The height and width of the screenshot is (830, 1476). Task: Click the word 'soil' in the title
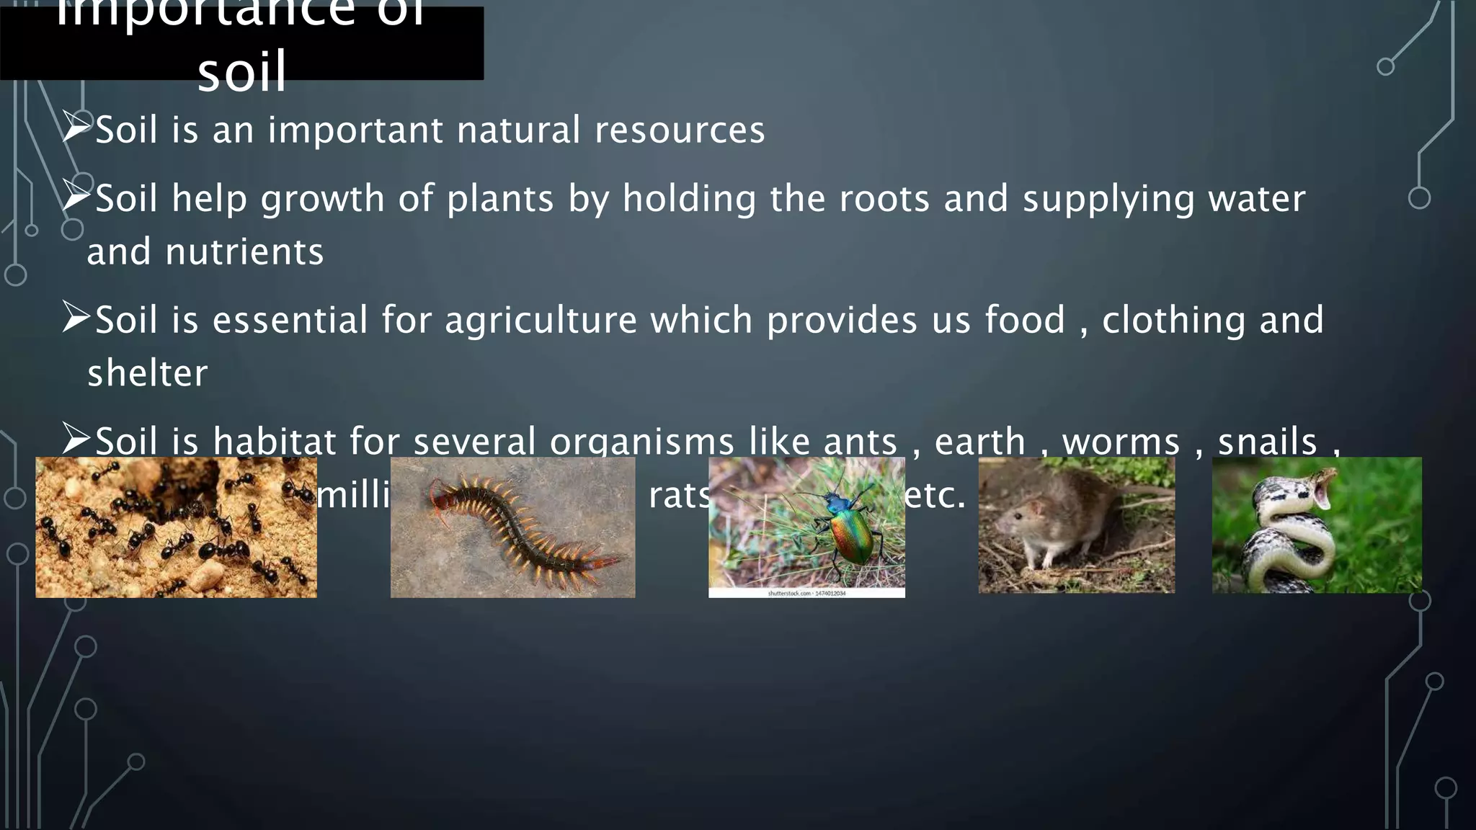pyautogui.click(x=242, y=72)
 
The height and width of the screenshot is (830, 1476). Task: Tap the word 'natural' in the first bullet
pyautogui.click(x=518, y=130)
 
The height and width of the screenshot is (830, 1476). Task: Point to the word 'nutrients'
pyautogui.click(x=244, y=252)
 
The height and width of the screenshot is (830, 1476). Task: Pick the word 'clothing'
pyautogui.click(x=1173, y=321)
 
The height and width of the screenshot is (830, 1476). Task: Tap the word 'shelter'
pyautogui.click(x=148, y=373)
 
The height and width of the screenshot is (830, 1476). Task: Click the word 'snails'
pyautogui.click(x=1267, y=441)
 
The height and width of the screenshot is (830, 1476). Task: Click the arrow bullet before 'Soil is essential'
pyautogui.click(x=76, y=317)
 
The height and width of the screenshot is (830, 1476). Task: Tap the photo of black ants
pyautogui.click(x=176, y=527)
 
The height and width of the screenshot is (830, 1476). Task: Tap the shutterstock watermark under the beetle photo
pyautogui.click(x=806, y=593)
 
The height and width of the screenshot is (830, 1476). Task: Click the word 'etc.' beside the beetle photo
pyautogui.click(x=935, y=495)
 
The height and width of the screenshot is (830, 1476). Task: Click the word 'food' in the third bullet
pyautogui.click(x=1025, y=321)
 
